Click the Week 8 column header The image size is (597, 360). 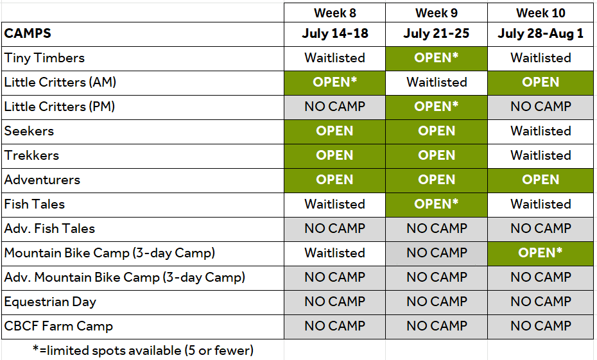click(334, 13)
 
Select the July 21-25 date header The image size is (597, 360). click(437, 33)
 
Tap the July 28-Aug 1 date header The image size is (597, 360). click(541, 33)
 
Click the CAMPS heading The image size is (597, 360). click(28, 33)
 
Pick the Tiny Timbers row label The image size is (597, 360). click(44, 58)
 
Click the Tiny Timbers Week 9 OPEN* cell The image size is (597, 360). click(437, 58)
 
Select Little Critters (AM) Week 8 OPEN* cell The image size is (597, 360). click(334, 83)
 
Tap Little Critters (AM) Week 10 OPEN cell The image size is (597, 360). click(541, 83)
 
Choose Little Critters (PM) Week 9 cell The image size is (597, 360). click(437, 107)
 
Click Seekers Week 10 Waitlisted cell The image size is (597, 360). click(541, 132)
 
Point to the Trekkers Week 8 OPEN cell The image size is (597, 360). click(334, 156)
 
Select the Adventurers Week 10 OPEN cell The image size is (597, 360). click(541, 180)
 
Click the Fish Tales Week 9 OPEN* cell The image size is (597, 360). click(437, 205)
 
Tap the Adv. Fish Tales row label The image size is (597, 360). click(49, 228)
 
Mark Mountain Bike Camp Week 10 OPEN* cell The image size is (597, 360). click(541, 253)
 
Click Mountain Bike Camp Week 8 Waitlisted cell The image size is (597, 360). click(334, 253)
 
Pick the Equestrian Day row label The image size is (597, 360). click(50, 302)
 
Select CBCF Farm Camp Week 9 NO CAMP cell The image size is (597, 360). click(437, 327)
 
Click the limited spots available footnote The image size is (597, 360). click(143, 350)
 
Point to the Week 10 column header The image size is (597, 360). click(541, 13)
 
